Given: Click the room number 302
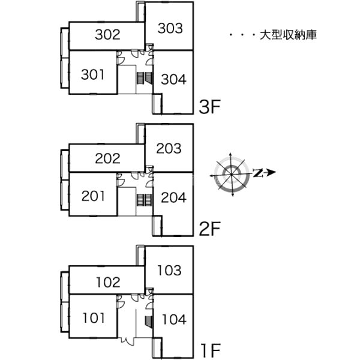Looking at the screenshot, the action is tap(107, 35).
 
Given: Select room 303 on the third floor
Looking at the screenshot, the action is tap(170, 28).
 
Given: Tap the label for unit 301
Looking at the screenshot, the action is tap(92, 74).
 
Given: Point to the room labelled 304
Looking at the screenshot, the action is tap(173, 79).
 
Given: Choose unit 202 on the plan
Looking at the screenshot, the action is tap(107, 158).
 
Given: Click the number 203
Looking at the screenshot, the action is tap(169, 148).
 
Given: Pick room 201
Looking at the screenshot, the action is tap(93, 196).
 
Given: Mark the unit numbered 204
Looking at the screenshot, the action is tap(173, 197).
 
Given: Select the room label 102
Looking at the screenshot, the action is tap(108, 283).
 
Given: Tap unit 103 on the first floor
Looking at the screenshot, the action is tap(169, 270).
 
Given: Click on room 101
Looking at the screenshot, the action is tap(94, 318).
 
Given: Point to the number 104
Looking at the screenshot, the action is tap(174, 320).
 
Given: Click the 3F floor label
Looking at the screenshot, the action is tap(209, 107).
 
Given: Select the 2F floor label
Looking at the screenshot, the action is tap(209, 229).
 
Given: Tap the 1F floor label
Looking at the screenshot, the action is tap(211, 350).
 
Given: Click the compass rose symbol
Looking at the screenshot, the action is tap(232, 175).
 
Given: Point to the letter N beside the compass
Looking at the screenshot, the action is tap(258, 173).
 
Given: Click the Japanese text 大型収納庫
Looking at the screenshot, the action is tap(289, 35).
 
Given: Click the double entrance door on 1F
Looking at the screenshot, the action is tap(127, 341).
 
